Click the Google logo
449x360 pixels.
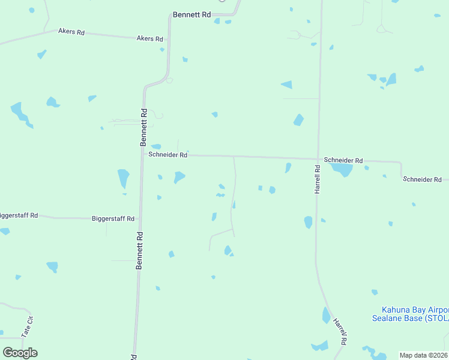[x=20, y=353]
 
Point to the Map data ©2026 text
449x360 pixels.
[x=423, y=355]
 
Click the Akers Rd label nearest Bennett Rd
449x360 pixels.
[x=149, y=38]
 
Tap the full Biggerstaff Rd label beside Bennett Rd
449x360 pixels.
[x=113, y=219]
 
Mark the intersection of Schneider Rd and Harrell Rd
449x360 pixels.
[x=318, y=160]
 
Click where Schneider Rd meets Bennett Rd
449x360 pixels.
[x=143, y=155]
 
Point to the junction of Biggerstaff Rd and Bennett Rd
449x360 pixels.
[x=140, y=219]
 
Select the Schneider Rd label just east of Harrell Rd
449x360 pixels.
[x=343, y=160]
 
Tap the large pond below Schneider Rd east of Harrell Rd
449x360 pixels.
[x=342, y=170]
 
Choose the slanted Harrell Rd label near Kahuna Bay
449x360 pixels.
[x=340, y=331]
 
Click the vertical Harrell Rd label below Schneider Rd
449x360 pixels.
[x=318, y=179]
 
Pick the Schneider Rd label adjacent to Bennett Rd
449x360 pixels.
[x=168, y=155]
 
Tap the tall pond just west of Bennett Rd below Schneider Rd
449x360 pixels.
[x=123, y=178]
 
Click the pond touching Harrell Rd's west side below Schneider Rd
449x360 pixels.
[x=309, y=223]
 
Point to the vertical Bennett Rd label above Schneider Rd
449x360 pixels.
[x=143, y=127]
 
